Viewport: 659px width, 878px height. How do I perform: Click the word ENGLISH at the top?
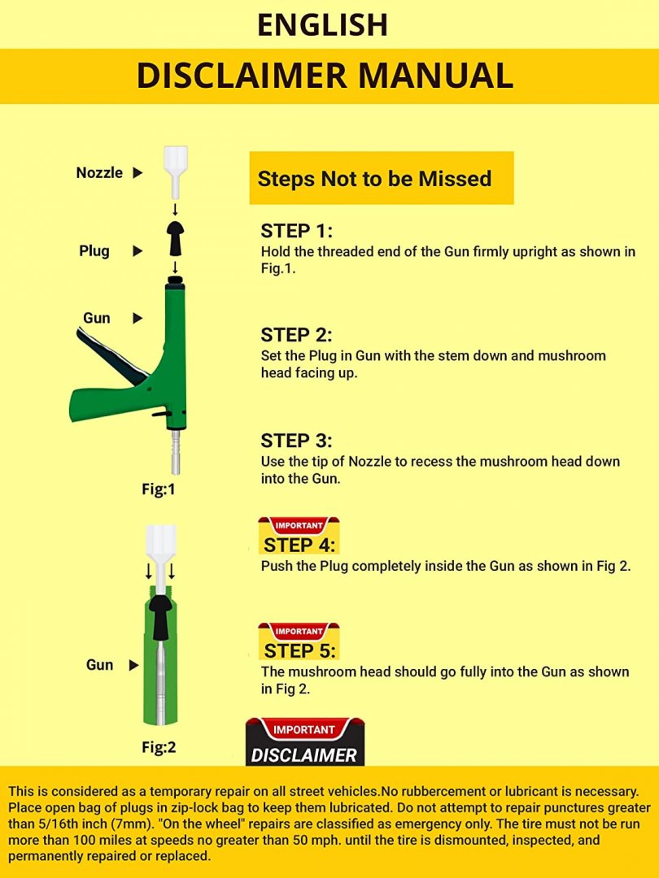[322, 24]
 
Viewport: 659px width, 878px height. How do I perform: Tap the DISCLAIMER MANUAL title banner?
[329, 76]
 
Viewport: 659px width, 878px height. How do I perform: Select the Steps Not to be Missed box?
[381, 178]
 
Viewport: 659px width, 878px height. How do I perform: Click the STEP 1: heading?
[296, 231]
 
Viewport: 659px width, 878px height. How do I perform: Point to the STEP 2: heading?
[296, 335]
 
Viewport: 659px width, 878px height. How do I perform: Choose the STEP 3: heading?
[296, 441]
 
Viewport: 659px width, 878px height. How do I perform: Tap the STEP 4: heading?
[299, 545]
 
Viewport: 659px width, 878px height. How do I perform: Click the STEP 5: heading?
[299, 651]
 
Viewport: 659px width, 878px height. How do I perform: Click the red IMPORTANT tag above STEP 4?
[299, 526]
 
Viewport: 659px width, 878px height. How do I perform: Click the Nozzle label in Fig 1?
[99, 173]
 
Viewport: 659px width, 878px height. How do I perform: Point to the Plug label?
[94, 251]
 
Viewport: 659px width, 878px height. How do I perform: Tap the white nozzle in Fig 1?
[176, 173]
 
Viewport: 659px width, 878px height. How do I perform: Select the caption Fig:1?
[159, 490]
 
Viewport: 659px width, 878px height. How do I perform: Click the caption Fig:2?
[159, 748]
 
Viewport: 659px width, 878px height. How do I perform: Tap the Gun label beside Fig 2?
[100, 665]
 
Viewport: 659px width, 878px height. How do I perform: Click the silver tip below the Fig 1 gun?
[176, 452]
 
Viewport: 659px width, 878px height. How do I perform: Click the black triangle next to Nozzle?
[137, 173]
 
